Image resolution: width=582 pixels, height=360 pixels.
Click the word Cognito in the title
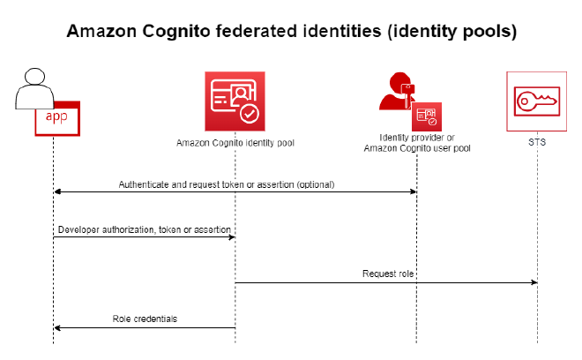pyautogui.click(x=176, y=32)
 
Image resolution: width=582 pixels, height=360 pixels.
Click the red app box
pyautogui.click(x=57, y=118)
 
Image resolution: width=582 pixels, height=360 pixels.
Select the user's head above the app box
pyautogui.click(x=34, y=77)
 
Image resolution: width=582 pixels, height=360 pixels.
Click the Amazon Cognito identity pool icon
pyautogui.click(x=235, y=101)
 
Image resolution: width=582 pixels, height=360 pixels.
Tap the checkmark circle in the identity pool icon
pyautogui.click(x=250, y=113)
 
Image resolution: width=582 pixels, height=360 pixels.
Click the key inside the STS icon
pyautogui.click(x=537, y=101)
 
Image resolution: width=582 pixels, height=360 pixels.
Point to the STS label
pyautogui.click(x=537, y=142)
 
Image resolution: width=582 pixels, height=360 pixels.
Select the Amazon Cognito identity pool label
pyautogui.click(x=235, y=143)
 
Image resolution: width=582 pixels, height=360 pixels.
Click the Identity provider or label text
pyautogui.click(x=417, y=138)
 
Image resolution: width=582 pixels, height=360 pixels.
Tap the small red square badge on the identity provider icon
pyautogui.click(x=427, y=116)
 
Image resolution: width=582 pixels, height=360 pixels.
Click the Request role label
pyautogui.click(x=388, y=274)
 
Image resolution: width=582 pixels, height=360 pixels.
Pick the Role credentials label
pyautogui.click(x=145, y=319)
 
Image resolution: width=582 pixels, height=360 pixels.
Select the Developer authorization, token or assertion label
pyautogui.click(x=145, y=230)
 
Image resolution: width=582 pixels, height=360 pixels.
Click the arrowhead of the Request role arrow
pyautogui.click(x=534, y=282)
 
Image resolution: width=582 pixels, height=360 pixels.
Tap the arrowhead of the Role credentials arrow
pyautogui.click(x=57, y=327)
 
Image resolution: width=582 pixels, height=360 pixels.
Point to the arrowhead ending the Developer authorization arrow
pyautogui.click(x=232, y=237)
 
